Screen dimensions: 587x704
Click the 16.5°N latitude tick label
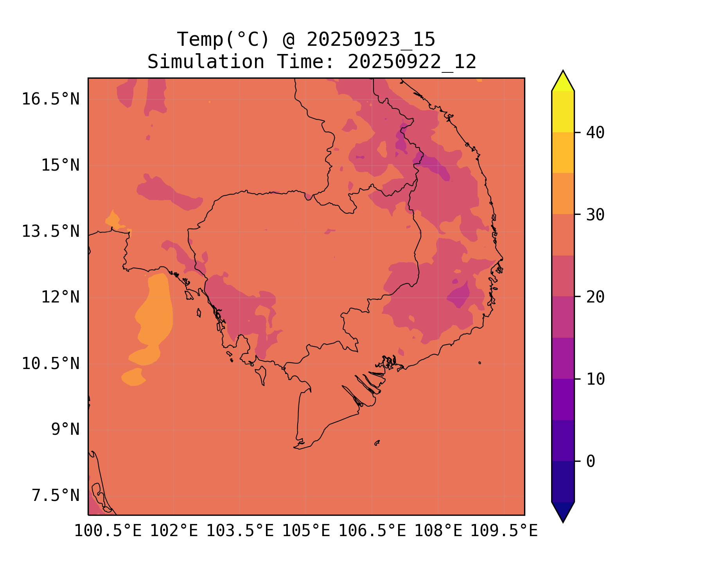50,99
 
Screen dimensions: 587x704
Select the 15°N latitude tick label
60,165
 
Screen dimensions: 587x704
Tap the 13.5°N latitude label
50,231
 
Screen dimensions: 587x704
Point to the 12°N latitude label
60,297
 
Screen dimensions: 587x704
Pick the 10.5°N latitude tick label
50,364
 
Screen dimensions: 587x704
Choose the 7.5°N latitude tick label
56,496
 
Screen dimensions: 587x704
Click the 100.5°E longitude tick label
108,531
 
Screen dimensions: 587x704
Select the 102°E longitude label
174,531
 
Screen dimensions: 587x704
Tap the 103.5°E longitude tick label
240,531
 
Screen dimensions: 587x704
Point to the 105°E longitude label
306,531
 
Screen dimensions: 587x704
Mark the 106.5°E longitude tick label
372,531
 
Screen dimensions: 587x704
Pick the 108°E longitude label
438,531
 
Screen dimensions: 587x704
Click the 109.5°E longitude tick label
504,531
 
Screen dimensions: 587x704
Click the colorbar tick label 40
595,133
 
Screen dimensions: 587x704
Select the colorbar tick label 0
591,461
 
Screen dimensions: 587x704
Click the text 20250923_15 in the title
371,40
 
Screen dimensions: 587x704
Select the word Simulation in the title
206,62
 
